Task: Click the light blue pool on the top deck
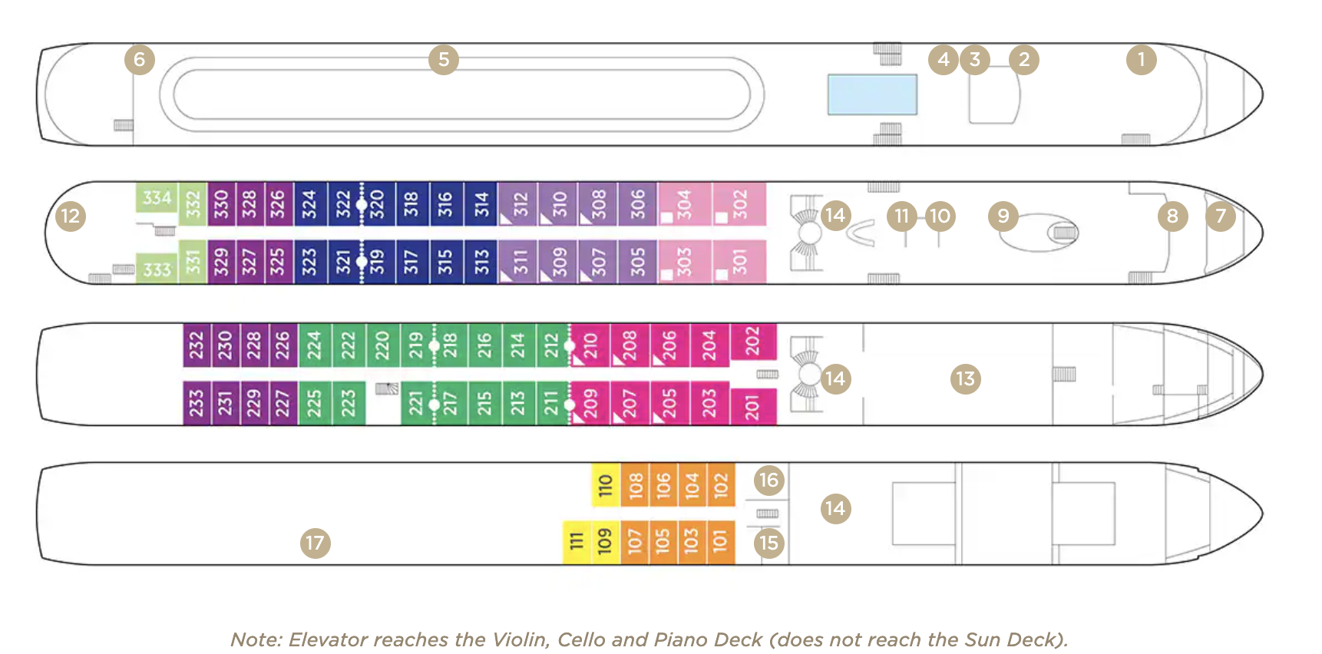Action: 872,94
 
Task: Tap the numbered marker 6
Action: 139,59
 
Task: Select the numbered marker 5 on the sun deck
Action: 444,59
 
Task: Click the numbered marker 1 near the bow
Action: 1141,59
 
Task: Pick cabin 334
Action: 157,198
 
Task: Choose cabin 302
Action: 739,203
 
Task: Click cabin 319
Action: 377,262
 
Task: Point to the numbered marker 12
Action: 70,216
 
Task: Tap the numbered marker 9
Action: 1003,216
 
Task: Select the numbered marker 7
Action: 1220,216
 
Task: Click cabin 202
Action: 752,341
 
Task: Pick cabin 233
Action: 197,402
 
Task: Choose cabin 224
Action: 314,345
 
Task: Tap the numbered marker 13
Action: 965,378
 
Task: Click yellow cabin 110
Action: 606,485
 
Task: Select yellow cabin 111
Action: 577,542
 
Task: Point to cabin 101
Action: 719,542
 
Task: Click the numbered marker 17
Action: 315,543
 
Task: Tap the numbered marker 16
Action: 768,480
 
